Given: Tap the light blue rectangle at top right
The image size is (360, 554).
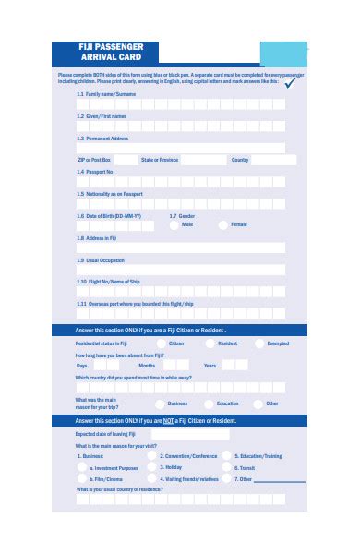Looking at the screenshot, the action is pyautogui.click(x=284, y=52).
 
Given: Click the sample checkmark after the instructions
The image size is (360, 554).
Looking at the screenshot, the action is pyautogui.click(x=293, y=81).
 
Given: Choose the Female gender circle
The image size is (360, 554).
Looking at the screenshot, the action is pyautogui.click(x=223, y=224).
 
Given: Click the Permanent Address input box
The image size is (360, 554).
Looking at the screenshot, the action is pyautogui.click(x=180, y=147).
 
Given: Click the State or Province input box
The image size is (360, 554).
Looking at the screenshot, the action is pyautogui.click(x=203, y=160).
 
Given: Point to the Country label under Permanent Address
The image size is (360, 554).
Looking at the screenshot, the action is pyautogui.click(x=240, y=160).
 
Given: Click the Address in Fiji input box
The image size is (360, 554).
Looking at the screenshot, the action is pyautogui.click(x=180, y=247).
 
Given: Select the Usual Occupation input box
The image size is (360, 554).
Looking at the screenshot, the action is pyautogui.click(x=180, y=270).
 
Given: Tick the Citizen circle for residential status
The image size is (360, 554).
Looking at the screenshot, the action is pyautogui.click(x=160, y=343).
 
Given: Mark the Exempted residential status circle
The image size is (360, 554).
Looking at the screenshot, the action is pyautogui.click(x=259, y=343).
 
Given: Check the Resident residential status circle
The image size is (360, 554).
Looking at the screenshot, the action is pyautogui.click(x=210, y=343).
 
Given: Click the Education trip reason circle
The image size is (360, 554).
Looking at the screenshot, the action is pyautogui.click(x=210, y=403).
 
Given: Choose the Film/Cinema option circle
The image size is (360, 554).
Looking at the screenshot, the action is pyautogui.click(x=82, y=480).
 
